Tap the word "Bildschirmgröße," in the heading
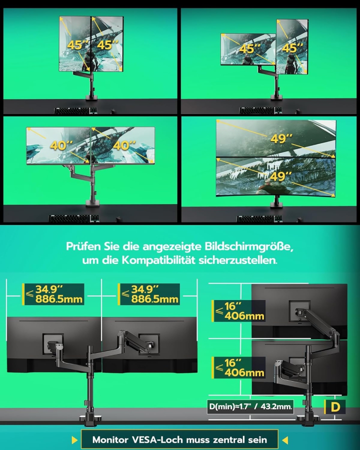[249, 247]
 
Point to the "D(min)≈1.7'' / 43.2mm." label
[250, 407]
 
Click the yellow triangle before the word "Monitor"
[74, 440]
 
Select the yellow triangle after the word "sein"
[285, 440]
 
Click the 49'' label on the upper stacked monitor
[281, 138]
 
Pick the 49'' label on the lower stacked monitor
[281, 176]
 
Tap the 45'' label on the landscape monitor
[247, 49]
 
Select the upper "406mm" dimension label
[244, 316]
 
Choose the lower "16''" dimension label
[233, 362]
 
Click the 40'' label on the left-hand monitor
[60, 145]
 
